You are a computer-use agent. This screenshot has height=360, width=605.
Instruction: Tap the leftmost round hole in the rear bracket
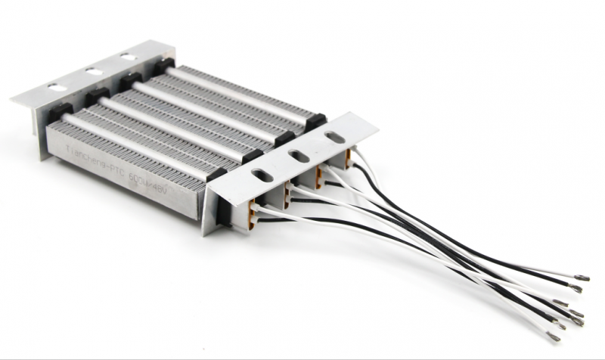57,88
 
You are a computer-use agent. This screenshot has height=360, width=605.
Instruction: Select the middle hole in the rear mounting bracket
95,72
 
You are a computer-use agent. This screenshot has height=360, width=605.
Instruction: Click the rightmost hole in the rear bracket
129,57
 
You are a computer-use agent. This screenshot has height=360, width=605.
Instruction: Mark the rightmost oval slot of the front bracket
333,138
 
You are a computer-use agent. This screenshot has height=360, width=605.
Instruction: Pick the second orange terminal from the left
287,198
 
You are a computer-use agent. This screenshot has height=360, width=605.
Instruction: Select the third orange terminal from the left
320,178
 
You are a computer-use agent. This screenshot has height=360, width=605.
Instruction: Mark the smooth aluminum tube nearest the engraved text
136,137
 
